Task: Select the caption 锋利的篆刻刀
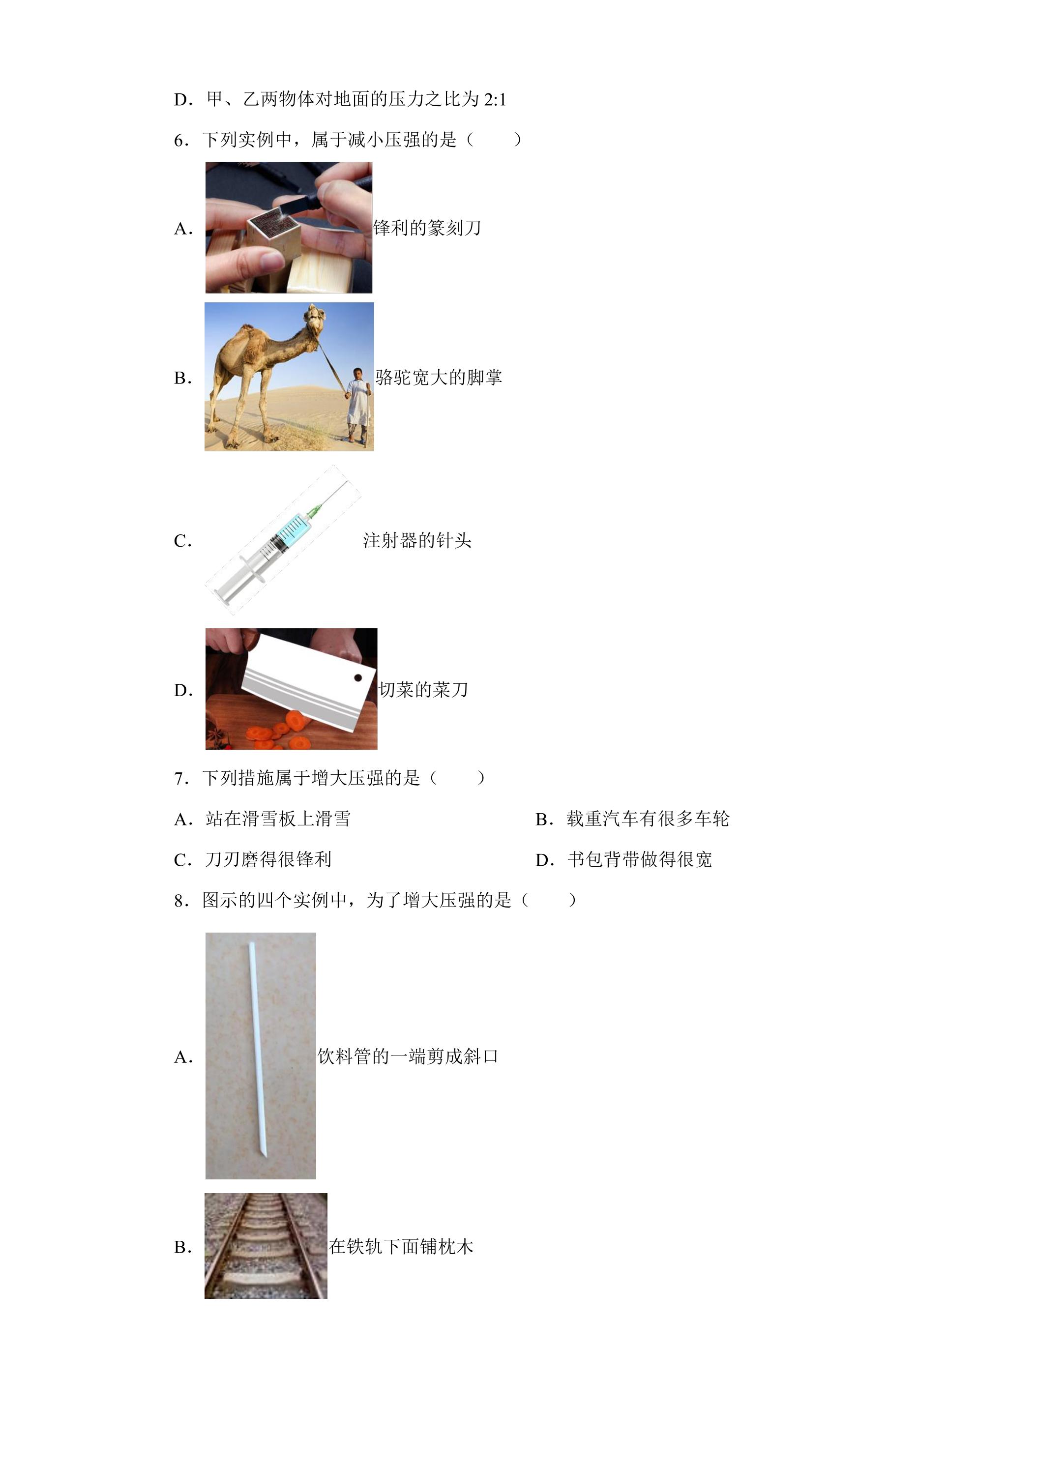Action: click(x=426, y=228)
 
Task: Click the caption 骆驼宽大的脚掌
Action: click(x=439, y=378)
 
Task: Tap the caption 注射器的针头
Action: click(x=417, y=541)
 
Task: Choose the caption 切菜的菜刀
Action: click(x=423, y=690)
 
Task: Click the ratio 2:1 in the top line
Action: click(x=495, y=100)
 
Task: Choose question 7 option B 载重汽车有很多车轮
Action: click(x=632, y=819)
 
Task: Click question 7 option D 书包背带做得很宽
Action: click(x=624, y=859)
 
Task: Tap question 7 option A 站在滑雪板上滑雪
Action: click(x=263, y=819)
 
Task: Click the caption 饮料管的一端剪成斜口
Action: click(x=408, y=1056)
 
